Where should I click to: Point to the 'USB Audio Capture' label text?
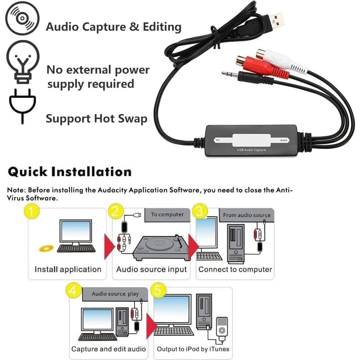251,150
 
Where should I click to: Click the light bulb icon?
22,61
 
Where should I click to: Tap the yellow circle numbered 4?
73,291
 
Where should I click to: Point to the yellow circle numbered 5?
158,291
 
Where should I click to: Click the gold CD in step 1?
46,248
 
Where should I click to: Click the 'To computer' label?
167,215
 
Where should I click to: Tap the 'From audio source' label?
246,215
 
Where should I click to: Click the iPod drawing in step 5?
221,328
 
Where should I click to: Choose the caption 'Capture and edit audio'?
109,349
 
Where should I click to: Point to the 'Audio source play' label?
115,294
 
